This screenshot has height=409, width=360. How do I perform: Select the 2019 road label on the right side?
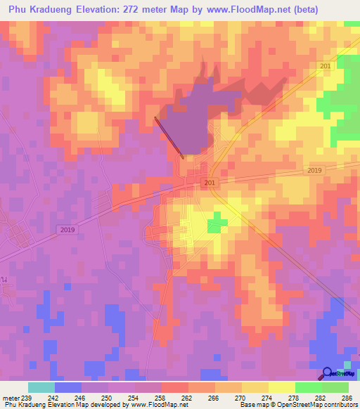(314, 171)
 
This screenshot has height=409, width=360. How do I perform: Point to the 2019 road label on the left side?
(67, 230)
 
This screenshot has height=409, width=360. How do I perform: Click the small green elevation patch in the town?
(217, 225)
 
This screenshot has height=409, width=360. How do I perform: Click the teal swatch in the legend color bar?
(41, 387)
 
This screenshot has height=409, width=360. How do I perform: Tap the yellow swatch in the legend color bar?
(281, 387)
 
